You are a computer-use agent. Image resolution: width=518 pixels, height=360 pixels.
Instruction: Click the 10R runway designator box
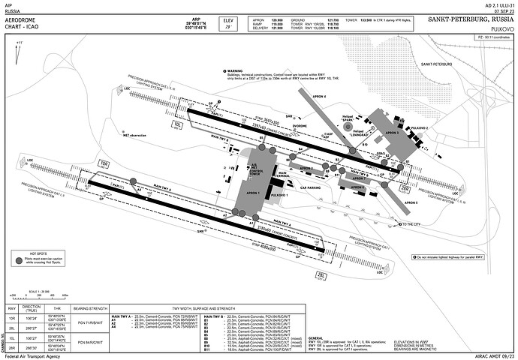click(104, 163)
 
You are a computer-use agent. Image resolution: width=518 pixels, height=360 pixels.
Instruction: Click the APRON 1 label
click(252, 193)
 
